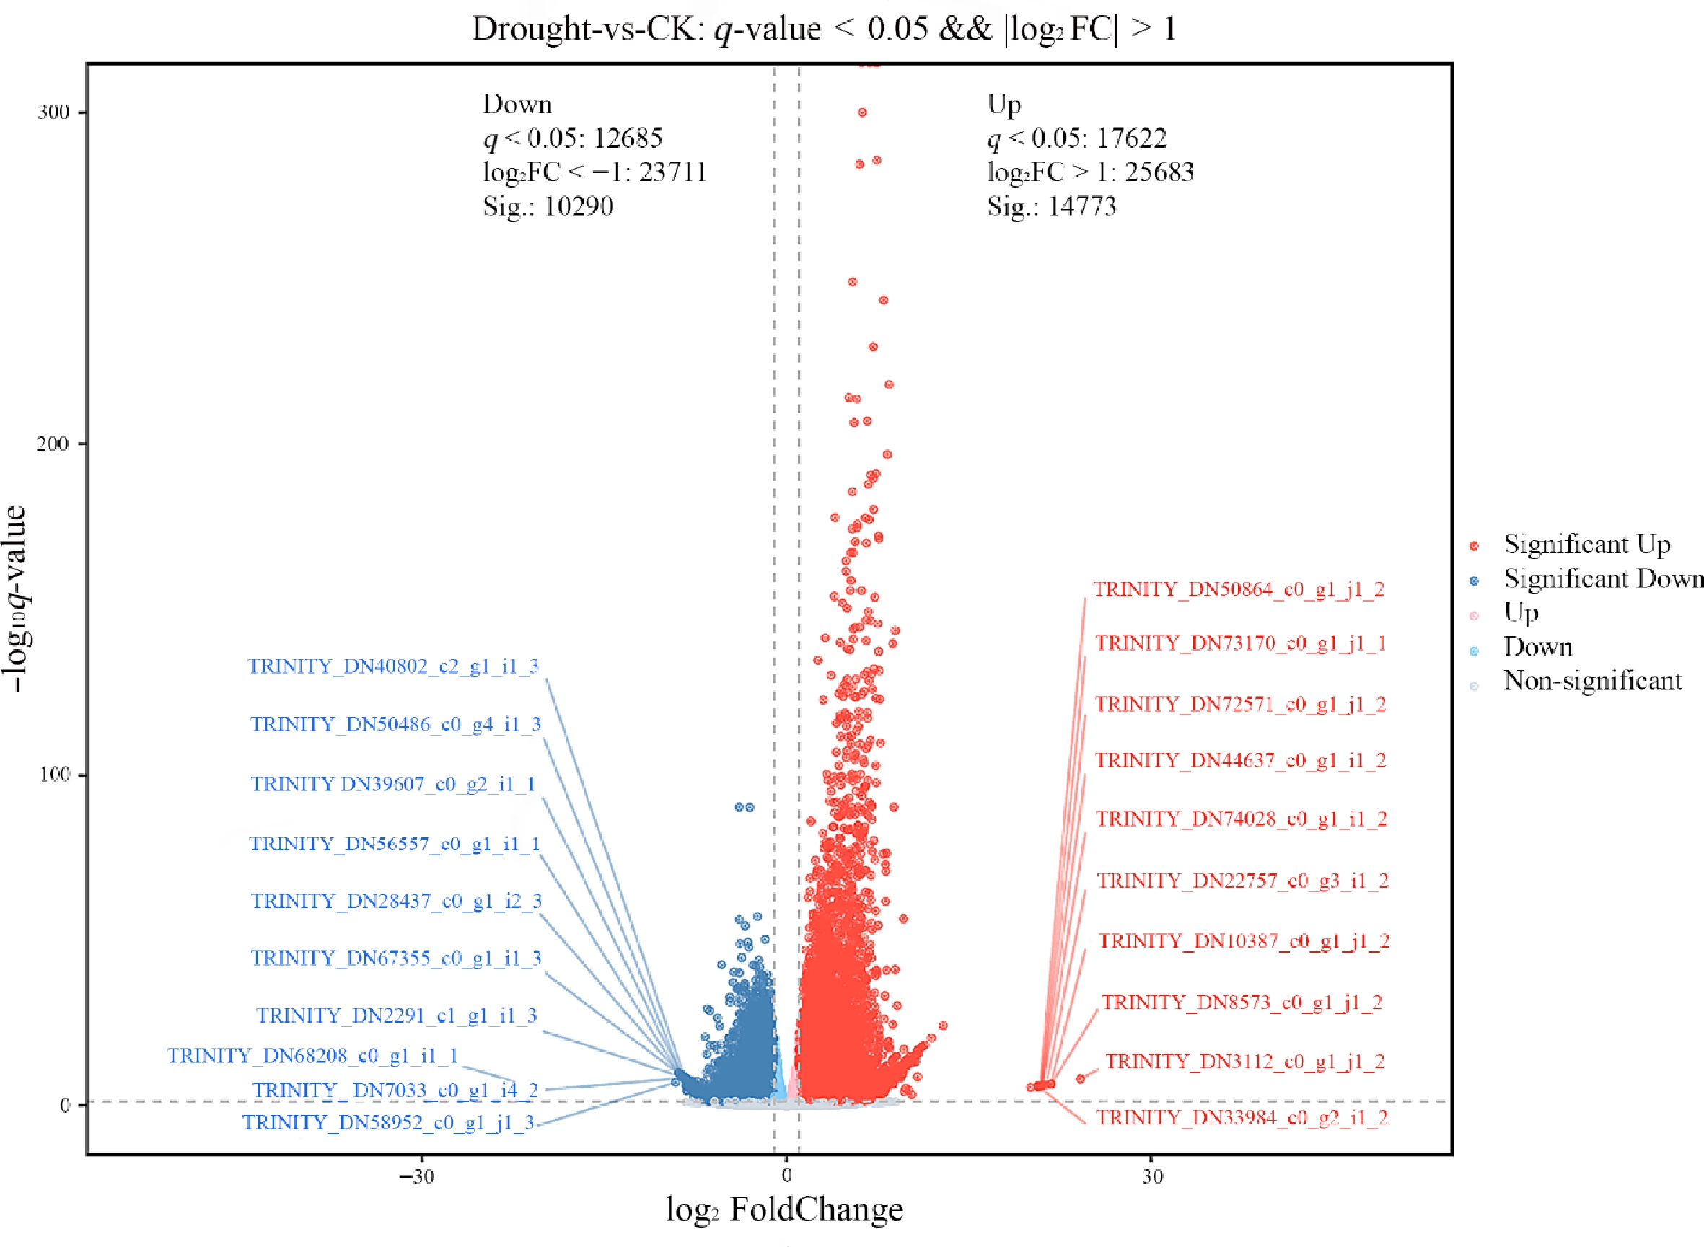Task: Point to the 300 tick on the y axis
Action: click(x=53, y=113)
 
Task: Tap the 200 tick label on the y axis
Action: click(x=53, y=443)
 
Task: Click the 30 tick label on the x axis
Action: click(x=1151, y=1176)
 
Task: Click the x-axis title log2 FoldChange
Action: click(x=784, y=1209)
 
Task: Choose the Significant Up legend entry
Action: click(x=1586, y=545)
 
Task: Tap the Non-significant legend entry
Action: click(x=1592, y=681)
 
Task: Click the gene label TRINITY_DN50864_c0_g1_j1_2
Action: click(x=1238, y=589)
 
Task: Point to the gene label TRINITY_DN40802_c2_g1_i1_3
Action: click(x=393, y=666)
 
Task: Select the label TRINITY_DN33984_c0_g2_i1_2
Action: click(x=1242, y=1118)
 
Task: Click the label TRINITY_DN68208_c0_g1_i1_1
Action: click(x=312, y=1055)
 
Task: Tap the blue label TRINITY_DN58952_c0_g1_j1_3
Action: click(x=388, y=1122)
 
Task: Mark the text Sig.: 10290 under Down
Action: click(x=548, y=206)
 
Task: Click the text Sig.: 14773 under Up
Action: click(x=1051, y=206)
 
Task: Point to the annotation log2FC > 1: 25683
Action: click(x=1090, y=172)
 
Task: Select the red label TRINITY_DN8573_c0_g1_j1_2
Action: click(x=1241, y=1003)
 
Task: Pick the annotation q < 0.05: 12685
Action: click(x=572, y=138)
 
